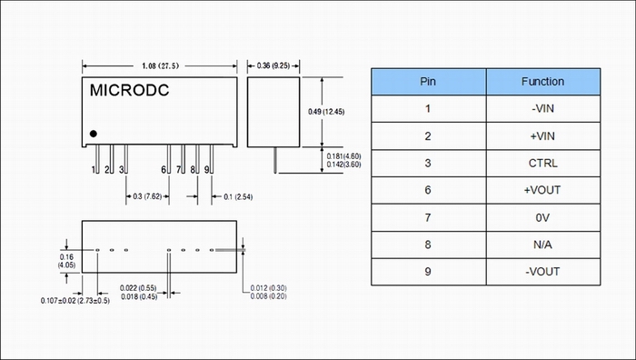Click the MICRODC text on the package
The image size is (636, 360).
pyautogui.click(x=129, y=90)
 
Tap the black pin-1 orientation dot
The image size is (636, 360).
pyautogui.click(x=94, y=134)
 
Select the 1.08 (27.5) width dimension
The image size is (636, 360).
pyautogui.click(x=160, y=65)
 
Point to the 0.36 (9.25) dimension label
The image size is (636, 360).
pyautogui.click(x=273, y=65)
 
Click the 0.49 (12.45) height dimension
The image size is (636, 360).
pyautogui.click(x=326, y=112)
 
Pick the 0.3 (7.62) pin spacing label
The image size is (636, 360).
pyautogui.click(x=147, y=196)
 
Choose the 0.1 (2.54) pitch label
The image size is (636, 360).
pyautogui.click(x=238, y=197)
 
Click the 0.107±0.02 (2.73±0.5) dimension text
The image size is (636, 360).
pyautogui.click(x=75, y=301)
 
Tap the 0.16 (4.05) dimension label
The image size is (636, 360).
pyautogui.click(x=66, y=261)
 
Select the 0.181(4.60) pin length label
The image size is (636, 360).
pyautogui.click(x=343, y=156)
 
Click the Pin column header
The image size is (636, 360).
pyautogui.click(x=428, y=82)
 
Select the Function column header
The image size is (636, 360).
pyautogui.click(x=542, y=82)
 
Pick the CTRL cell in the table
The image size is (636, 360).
pyautogui.click(x=542, y=163)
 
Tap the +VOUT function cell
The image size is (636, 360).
pyautogui.click(x=542, y=190)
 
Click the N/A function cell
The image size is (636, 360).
pyautogui.click(x=542, y=245)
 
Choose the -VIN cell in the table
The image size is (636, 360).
pyautogui.click(x=542, y=108)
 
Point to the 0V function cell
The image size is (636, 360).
pyautogui.click(x=542, y=218)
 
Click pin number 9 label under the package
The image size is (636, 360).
pyautogui.click(x=206, y=170)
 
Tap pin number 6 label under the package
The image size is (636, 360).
pyautogui.click(x=164, y=170)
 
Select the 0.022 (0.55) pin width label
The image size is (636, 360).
pyautogui.click(x=138, y=288)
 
